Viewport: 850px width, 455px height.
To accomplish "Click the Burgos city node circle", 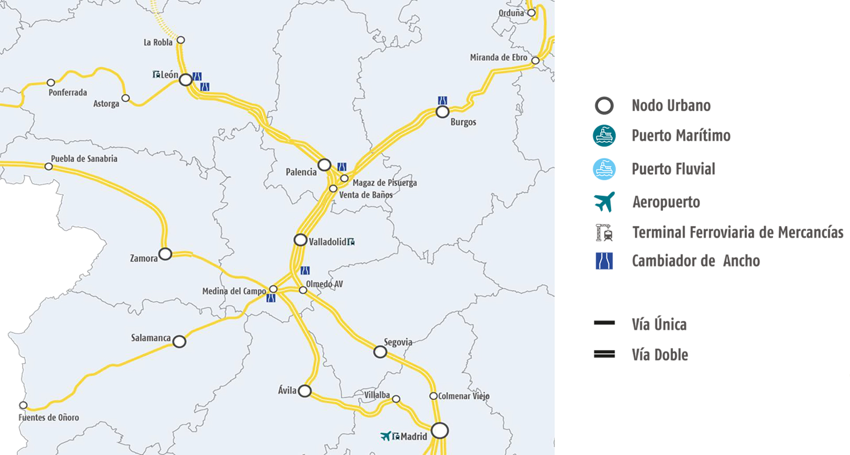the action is coord(442,112).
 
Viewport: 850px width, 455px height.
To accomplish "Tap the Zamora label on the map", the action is coord(143,258).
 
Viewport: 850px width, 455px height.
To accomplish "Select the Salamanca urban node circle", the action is coord(179,341).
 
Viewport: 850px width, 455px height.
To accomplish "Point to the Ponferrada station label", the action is coord(68,92).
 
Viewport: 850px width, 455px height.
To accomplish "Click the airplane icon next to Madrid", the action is coord(386,436).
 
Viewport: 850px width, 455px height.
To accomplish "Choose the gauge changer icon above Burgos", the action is coord(442,100).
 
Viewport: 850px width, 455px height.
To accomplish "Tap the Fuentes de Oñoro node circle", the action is coord(23,405).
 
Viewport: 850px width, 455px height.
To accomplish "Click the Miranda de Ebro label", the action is coord(498,57).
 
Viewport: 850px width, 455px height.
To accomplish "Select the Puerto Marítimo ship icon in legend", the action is coord(604,136).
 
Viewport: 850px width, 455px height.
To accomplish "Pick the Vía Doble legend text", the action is coord(660,355).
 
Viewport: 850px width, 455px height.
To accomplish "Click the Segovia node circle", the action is coord(380,352).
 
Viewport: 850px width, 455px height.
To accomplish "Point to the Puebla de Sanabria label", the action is coord(84,159).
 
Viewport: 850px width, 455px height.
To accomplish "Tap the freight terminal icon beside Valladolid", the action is coord(351,241).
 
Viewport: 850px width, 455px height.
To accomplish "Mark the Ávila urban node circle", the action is coord(305,391).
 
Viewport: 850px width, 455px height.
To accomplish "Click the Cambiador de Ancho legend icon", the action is coord(604,261).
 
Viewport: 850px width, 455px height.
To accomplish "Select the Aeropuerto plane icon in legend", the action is coord(604,202).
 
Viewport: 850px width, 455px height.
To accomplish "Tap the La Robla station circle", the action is coord(181,40).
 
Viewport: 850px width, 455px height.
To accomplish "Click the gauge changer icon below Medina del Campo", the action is coord(271,298).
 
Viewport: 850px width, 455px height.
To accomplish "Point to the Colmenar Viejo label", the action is coord(464,396).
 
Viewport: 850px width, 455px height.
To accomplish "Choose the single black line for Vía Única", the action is coord(604,323).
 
